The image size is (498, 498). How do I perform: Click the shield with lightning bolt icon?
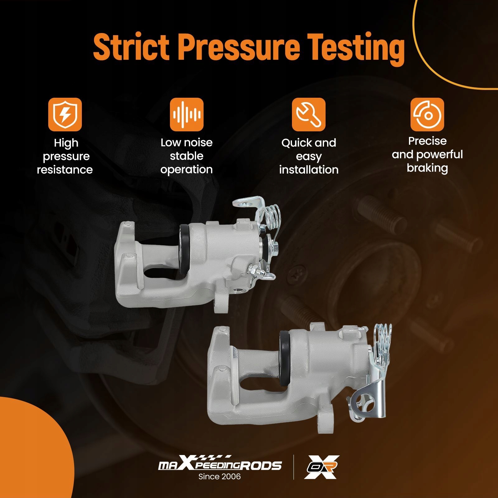click(65, 115)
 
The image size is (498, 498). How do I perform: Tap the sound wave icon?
click(187, 115)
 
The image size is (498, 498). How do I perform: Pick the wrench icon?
click(309, 115)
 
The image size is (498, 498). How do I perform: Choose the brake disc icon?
click(427, 115)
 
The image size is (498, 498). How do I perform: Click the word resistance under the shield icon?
click(65, 170)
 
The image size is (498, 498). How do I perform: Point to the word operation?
click(186, 170)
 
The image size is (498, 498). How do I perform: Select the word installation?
click(309, 170)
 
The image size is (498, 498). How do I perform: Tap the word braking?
click(427, 168)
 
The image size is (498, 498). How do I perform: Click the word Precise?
click(427, 141)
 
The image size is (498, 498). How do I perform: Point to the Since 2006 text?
click(220, 477)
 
